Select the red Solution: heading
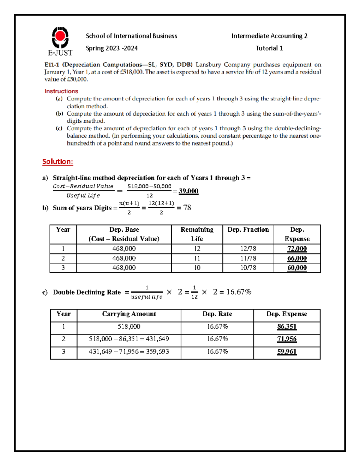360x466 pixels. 58,161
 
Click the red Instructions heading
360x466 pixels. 61,91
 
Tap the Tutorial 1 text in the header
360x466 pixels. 269,48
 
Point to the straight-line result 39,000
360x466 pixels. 188,191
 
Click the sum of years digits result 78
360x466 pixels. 187,208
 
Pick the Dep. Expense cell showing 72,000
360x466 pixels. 297,248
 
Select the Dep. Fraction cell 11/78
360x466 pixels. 248,258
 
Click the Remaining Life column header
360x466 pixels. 197,234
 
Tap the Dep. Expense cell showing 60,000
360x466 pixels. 297,268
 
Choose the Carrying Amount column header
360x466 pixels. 129,314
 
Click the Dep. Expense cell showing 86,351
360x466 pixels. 287,326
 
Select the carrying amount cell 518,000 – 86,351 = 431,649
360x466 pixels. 129,339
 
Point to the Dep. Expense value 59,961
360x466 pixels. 287,351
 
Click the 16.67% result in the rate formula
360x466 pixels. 239,292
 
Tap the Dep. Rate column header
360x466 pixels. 217,314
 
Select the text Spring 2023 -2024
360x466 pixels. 112,48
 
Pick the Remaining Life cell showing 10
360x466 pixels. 197,268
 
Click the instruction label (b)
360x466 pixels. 59,114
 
